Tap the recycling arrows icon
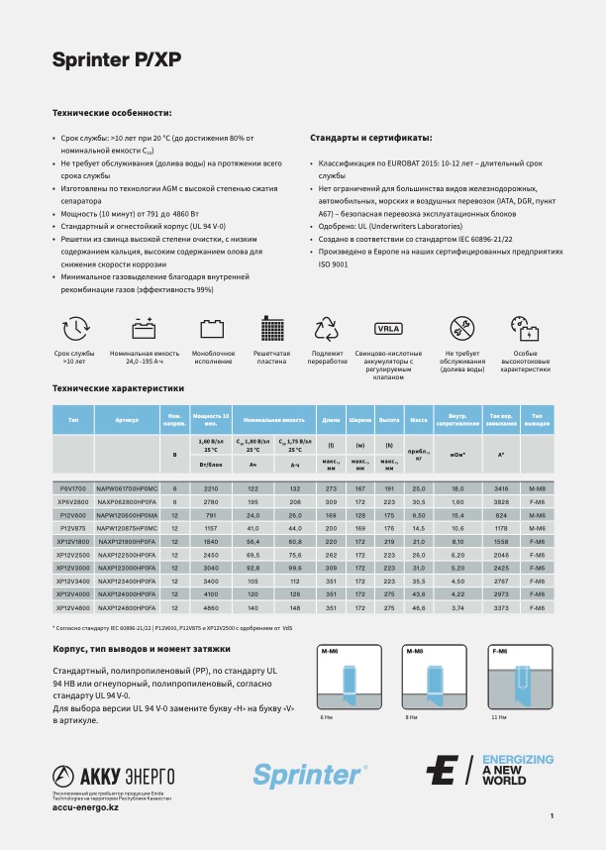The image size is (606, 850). (327, 330)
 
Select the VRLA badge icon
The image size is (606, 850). (388, 329)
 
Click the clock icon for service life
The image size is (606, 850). (75, 330)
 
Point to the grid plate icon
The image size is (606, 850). (271, 330)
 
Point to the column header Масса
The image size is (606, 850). (419, 420)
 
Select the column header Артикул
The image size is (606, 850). (127, 420)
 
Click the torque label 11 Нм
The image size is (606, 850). (499, 717)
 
